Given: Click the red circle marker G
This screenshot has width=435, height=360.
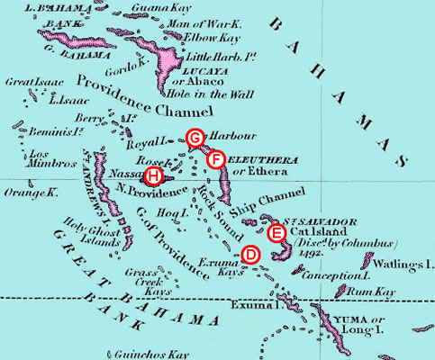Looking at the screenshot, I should pyautogui.click(x=195, y=137).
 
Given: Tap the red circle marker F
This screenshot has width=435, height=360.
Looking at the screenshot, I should pyautogui.click(x=214, y=158).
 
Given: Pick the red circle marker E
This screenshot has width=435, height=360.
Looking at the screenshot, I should pyautogui.click(x=278, y=233).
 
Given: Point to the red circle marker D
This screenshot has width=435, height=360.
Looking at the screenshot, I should pyautogui.click(x=250, y=255).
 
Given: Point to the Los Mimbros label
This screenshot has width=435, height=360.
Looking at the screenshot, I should pyautogui.click(x=25, y=166).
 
